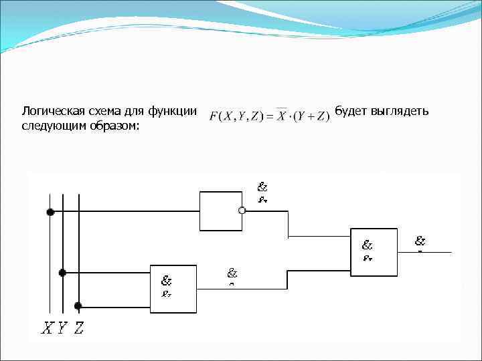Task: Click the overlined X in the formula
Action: point(282,116)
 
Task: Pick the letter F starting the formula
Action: point(214,116)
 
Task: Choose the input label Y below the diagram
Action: point(62,328)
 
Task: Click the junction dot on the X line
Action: point(50,212)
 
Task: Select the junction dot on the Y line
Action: point(62,273)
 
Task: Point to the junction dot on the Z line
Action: point(78,306)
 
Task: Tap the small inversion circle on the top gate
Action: point(242,211)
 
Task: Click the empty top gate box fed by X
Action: point(220,211)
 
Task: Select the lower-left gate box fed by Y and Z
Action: point(173,289)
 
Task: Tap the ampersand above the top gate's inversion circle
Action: point(262,188)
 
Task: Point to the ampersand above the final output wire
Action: point(420,241)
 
